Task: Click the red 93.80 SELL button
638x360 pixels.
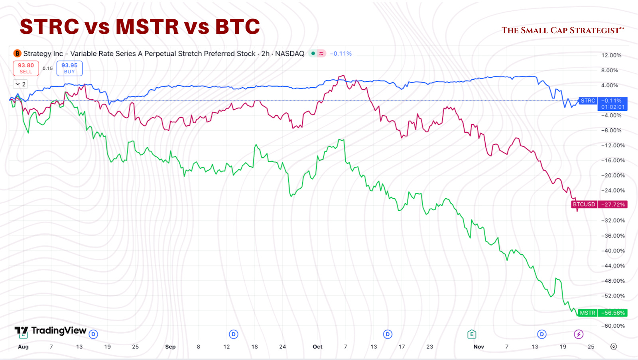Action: [26, 68]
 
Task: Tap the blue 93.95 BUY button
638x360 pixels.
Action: [69, 68]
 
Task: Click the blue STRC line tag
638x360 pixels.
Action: [588, 101]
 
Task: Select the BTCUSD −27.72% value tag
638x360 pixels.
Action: [613, 205]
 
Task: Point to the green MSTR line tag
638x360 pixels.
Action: [587, 313]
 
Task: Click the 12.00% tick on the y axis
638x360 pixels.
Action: [611, 55]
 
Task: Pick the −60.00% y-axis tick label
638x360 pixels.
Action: [613, 326]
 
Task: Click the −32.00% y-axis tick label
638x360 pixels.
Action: [613, 220]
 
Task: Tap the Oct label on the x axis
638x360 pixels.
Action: [317, 347]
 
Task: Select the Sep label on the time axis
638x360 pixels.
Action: [170, 347]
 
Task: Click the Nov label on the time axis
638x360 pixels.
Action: [478, 347]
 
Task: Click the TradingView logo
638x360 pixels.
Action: [51, 331]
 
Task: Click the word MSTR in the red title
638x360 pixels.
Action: [147, 27]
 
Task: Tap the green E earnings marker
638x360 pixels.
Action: [472, 334]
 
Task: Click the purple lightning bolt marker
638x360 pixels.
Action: [578, 334]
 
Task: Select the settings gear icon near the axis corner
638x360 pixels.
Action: [614, 346]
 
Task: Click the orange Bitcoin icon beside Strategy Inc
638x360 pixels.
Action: [17, 53]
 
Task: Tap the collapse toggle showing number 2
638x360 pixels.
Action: [21, 84]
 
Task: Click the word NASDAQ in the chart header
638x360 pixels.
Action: [289, 53]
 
